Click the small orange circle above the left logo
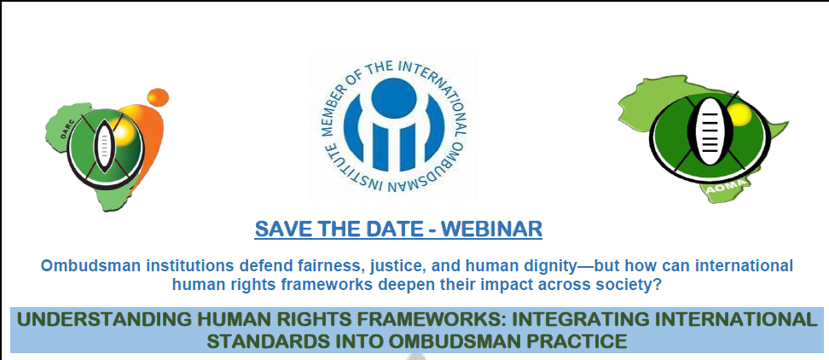click(158, 97)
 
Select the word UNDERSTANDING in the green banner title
click(98, 319)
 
